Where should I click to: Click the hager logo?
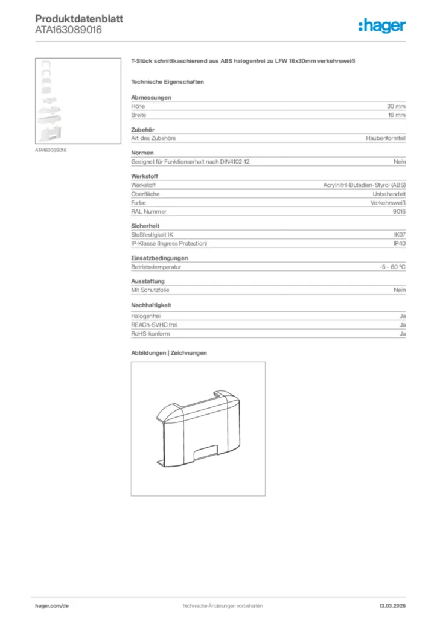point(382,25)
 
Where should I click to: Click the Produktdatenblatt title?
point(79,19)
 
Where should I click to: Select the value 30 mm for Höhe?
point(396,106)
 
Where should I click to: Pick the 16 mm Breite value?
point(397,115)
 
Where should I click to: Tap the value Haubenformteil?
point(386,138)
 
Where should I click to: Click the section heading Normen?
point(142,153)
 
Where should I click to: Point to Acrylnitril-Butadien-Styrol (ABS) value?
point(365,185)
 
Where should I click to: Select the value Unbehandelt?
point(390,194)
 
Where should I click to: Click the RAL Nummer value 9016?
point(399,212)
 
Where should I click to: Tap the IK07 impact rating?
point(400,234)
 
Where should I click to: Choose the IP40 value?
point(400,243)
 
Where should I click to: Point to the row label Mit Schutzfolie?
point(150,290)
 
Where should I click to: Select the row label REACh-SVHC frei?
point(154,325)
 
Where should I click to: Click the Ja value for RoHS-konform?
point(402,334)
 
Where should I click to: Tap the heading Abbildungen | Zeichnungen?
point(169,352)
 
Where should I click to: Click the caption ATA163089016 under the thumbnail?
point(51,150)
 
